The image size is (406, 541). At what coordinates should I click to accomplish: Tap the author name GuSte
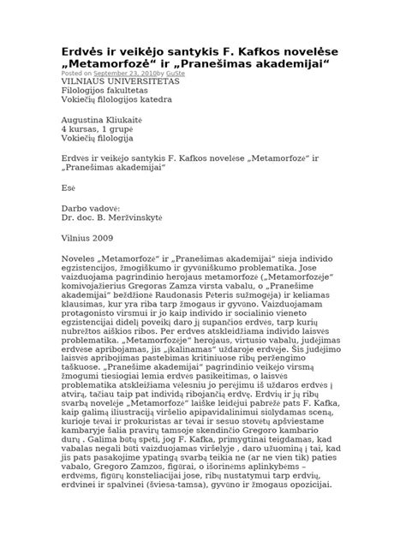(176, 74)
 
